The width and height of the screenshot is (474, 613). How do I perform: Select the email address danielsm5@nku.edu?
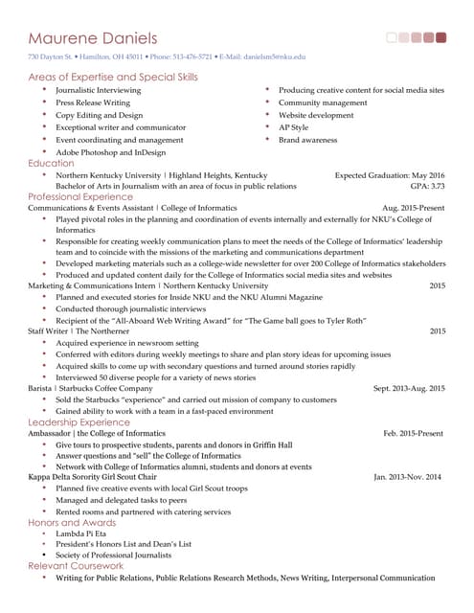coord(275,57)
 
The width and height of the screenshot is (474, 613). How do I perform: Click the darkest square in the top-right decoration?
coord(440,38)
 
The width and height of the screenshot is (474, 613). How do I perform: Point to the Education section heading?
coord(51,164)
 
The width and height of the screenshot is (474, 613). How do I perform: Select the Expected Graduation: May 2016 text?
coord(390,175)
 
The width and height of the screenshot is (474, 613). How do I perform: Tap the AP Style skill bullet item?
coord(293,127)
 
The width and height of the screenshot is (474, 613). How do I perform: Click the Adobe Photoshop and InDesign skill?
coord(110,152)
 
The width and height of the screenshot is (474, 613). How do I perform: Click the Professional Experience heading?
coord(80,197)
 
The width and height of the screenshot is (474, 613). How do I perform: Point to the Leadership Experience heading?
coord(79,421)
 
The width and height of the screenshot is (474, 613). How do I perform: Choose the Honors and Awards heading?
coord(71,522)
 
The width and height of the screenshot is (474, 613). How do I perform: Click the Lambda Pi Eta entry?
coord(81,534)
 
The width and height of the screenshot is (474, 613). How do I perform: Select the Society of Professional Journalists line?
coord(113,556)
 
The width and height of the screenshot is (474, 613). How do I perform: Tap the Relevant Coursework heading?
coord(75,566)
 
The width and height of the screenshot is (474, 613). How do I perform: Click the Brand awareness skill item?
coord(307,140)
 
